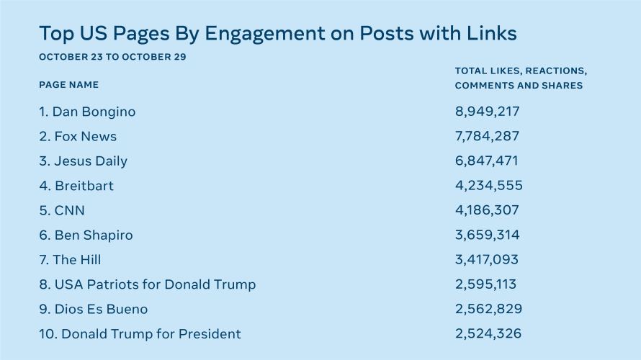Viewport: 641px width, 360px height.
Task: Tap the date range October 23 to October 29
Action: [112, 57]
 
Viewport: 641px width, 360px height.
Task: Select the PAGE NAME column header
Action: [69, 85]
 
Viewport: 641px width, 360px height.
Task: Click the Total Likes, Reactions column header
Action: [521, 71]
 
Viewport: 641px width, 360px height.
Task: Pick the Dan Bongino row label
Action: [87, 112]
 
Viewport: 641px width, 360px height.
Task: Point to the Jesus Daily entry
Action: [84, 161]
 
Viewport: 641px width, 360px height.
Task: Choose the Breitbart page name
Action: [76, 186]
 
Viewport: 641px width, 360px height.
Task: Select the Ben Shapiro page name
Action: [86, 235]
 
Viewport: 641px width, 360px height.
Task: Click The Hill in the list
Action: [70, 259]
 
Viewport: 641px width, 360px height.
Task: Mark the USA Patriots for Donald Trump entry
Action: [148, 284]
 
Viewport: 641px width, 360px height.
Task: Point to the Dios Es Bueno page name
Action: [94, 309]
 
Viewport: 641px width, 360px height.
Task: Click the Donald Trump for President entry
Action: [140, 333]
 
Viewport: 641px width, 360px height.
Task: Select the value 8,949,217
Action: [488, 112]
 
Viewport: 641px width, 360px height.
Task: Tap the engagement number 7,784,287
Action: [488, 136]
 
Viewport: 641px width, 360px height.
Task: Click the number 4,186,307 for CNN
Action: [488, 210]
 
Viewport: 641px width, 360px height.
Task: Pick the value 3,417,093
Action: [488, 259]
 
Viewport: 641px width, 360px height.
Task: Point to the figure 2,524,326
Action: [488, 333]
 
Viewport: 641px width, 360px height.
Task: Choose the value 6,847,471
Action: [487, 161]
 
